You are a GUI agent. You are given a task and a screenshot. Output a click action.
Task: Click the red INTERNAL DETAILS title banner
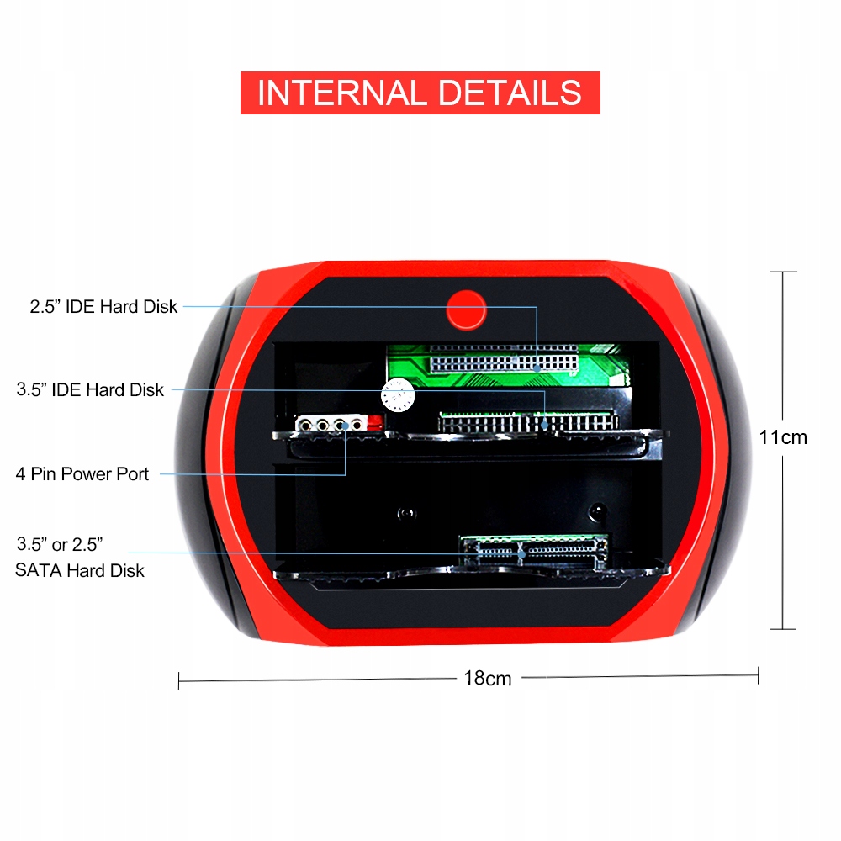(420, 93)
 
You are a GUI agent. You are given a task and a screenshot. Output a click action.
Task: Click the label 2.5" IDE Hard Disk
(104, 306)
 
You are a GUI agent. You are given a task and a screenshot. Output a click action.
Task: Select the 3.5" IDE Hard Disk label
(91, 389)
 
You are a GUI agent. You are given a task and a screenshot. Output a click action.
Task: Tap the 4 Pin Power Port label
(82, 473)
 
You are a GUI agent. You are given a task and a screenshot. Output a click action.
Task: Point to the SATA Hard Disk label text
(80, 570)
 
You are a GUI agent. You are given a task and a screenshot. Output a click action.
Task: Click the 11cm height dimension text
(782, 437)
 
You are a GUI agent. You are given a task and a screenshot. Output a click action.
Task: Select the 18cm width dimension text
(487, 678)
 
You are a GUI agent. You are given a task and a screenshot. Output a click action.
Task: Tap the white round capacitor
(398, 394)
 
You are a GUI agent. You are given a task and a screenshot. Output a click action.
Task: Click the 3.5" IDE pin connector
(526, 421)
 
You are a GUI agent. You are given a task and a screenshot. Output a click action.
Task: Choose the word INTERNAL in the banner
(341, 93)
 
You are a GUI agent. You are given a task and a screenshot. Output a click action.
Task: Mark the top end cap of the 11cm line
(783, 272)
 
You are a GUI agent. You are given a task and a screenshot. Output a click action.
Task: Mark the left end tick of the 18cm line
(179, 680)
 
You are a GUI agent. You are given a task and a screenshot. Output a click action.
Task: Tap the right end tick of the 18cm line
(759, 674)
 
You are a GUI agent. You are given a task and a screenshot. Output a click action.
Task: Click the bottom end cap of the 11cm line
(783, 629)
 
